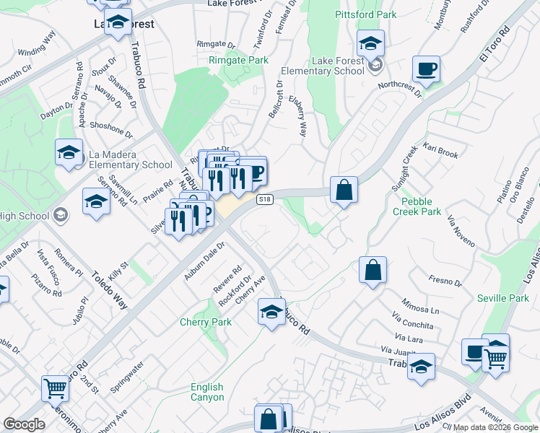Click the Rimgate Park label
238,61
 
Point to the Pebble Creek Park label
417,206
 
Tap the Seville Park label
503,298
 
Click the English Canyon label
207,393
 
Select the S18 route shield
265,199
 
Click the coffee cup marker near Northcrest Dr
426,69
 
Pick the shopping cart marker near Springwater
55,388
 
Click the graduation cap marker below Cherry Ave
271,312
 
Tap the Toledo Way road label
110,290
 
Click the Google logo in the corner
24,424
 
